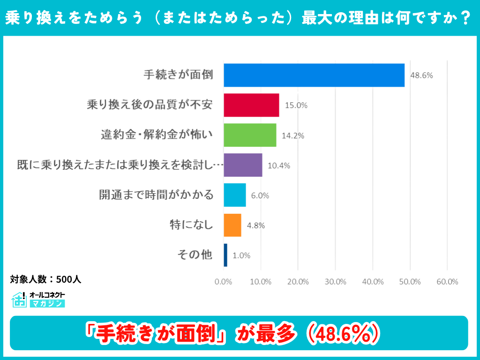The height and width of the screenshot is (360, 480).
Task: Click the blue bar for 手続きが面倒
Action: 314,75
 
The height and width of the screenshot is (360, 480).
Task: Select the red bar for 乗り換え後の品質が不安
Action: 251,105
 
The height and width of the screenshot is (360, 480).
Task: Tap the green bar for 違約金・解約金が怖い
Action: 250,135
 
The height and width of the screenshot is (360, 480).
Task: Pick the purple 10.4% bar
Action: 243,165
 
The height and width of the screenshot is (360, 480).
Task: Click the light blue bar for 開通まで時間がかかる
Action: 234,195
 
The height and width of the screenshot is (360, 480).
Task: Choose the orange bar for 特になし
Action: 232,225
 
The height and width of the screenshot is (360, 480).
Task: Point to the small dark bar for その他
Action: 225,255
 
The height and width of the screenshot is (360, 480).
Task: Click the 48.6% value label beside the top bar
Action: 421,75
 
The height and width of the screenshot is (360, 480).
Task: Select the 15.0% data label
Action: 296,105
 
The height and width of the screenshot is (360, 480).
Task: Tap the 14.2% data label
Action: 293,135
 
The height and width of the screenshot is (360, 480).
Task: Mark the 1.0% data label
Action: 241,255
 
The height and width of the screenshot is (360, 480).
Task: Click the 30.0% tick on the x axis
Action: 335,282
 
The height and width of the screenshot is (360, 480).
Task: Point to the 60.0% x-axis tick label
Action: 447,282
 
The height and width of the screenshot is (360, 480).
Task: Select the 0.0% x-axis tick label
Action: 224,282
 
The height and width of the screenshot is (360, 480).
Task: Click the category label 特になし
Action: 191,225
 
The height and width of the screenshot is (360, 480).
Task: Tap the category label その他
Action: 195,255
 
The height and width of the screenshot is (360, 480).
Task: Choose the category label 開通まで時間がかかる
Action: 156,195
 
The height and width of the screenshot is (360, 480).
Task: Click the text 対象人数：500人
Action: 45,279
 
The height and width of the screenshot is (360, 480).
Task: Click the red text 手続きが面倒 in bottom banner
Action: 154,333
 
